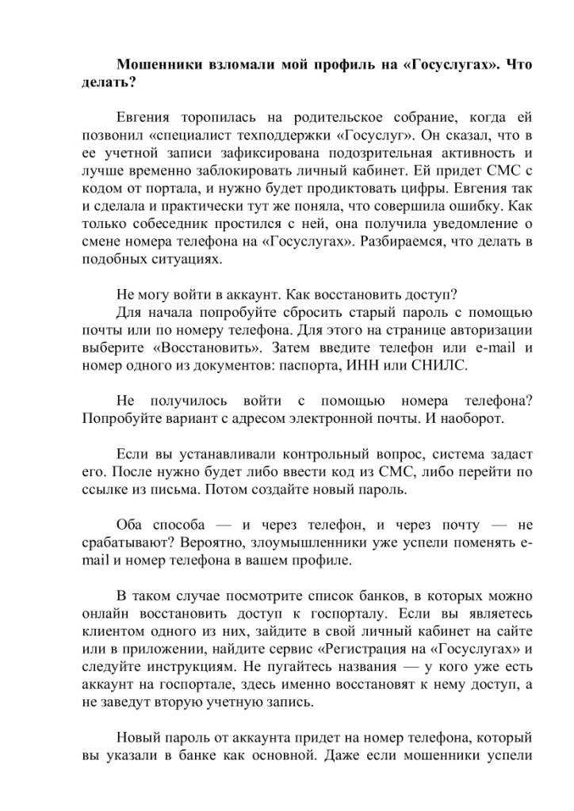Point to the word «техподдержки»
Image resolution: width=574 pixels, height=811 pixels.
[x=293, y=135]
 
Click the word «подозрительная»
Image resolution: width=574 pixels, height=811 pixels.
[x=371, y=153]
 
